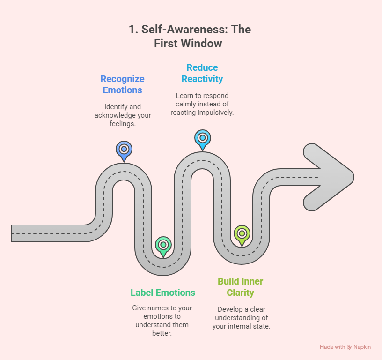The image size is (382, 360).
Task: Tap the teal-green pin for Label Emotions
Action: [x=163, y=245]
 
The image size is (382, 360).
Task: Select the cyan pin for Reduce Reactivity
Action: [x=202, y=138]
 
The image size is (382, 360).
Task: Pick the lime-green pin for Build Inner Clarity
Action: [x=242, y=233]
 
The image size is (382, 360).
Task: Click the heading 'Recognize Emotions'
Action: [x=123, y=84]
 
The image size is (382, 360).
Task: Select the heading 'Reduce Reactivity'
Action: [x=202, y=73]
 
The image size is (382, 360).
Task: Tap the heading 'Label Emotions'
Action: [x=163, y=292]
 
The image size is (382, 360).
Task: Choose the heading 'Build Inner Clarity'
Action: [x=241, y=287]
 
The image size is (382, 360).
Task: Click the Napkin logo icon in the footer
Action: [x=349, y=347]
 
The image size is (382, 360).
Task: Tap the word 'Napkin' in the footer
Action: [x=362, y=347]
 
